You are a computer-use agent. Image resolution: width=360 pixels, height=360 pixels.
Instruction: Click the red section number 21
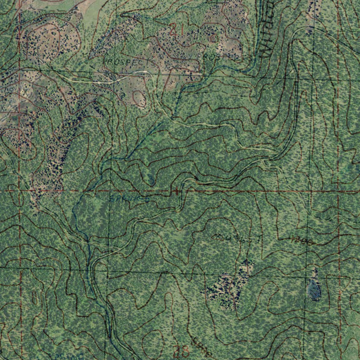tap(173, 30)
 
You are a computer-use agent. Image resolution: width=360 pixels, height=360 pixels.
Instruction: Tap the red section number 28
tap(181, 351)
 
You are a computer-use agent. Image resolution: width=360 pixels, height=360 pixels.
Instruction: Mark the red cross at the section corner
tap(176, 192)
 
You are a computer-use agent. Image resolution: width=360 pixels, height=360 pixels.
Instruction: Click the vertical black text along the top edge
tap(266, 28)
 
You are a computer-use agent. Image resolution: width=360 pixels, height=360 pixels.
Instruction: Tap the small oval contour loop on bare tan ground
tap(139, 98)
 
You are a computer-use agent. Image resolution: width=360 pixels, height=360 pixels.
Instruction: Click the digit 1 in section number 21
tap(177, 30)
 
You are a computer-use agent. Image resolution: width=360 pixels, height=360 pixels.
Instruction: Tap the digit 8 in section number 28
tap(185, 351)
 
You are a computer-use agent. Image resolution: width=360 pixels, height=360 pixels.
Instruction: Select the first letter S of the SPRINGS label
tap(112, 199)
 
